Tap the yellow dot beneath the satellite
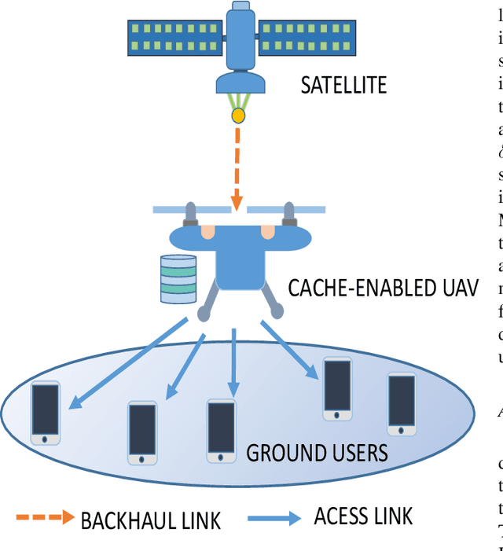(237, 116)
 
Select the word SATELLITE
(343, 85)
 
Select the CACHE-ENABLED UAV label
(383, 288)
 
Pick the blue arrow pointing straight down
(233, 362)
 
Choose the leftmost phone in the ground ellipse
(46, 411)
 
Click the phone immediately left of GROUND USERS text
(221, 430)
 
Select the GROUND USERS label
(317, 453)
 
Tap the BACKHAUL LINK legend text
(151, 520)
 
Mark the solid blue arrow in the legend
(274, 518)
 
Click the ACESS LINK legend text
(363, 516)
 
